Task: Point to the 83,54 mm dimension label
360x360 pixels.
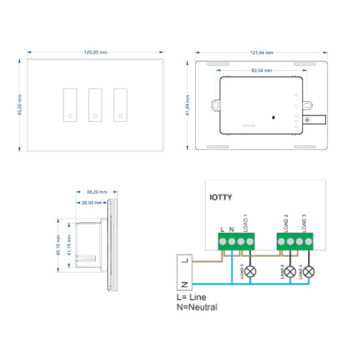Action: click(261, 70)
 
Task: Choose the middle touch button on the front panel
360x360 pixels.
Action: click(95, 104)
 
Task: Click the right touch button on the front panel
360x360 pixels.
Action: click(120, 104)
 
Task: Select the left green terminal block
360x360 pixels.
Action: click(236, 241)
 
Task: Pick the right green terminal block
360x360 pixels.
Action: click(295, 241)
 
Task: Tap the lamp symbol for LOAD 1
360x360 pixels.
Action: click(251, 272)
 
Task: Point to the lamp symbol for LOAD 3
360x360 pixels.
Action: click(308, 272)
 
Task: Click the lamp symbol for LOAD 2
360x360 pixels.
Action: click(290, 272)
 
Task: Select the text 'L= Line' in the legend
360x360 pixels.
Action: click(191, 297)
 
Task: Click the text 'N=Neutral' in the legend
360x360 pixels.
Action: click(196, 307)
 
